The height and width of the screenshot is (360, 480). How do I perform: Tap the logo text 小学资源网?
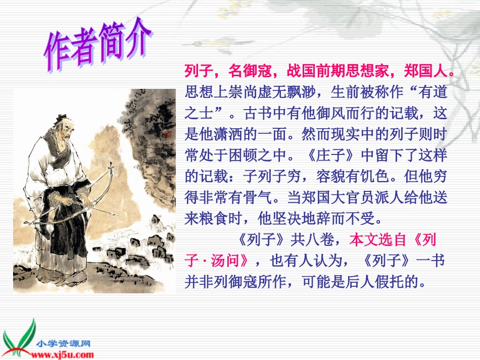(x=63, y=343)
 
